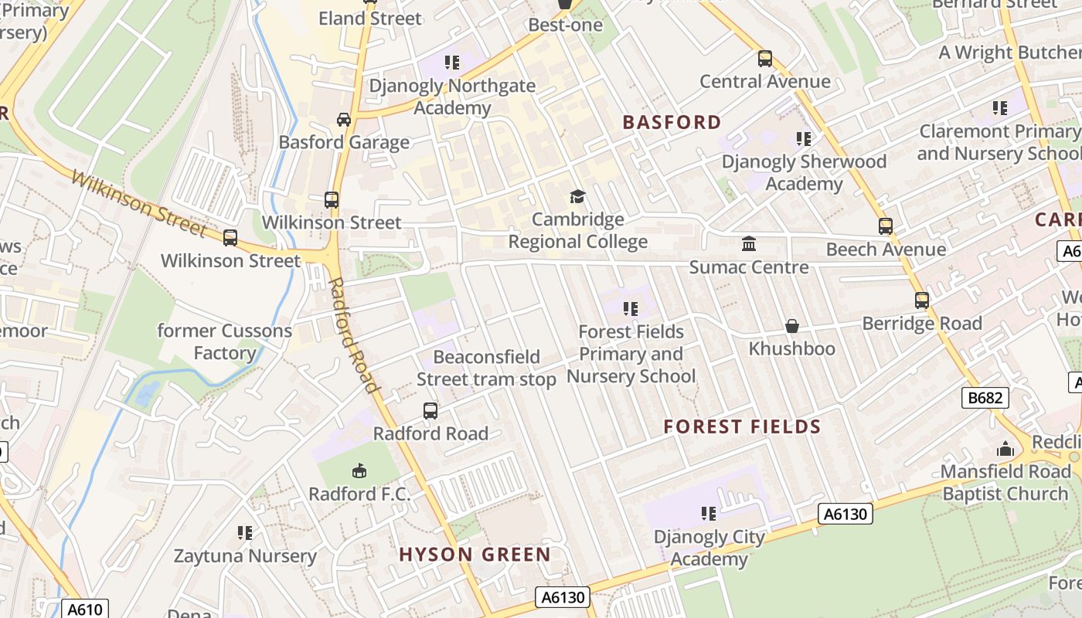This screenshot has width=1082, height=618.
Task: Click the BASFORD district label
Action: [672, 122]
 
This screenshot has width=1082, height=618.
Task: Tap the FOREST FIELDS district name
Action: [742, 426]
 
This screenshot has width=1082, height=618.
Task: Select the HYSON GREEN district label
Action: [475, 554]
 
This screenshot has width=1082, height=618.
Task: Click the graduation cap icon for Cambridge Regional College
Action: [577, 196]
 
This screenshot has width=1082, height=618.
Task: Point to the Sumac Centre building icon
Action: [748, 244]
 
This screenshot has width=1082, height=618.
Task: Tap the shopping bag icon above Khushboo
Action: [791, 326]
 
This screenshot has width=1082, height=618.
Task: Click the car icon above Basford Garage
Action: [344, 119]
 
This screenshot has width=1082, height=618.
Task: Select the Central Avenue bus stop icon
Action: [764, 59]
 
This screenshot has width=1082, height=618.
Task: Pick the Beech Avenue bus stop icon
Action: [885, 226]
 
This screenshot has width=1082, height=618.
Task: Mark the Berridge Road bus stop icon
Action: [921, 301]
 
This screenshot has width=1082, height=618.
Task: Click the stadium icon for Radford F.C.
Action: [359, 470]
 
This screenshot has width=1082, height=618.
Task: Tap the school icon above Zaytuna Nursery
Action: [245, 532]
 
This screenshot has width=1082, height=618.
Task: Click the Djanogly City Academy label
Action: [709, 548]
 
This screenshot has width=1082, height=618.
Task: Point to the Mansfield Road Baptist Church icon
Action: [1005, 449]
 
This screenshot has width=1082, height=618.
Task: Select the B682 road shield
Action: [985, 398]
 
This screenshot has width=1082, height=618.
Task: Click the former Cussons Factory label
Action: [224, 342]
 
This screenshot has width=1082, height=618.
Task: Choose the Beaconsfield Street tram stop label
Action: [486, 368]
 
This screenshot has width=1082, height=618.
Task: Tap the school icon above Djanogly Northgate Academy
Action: [451, 62]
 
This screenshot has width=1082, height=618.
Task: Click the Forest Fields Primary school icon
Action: [631, 309]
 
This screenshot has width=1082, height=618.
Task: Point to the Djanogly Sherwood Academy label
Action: [804, 172]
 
